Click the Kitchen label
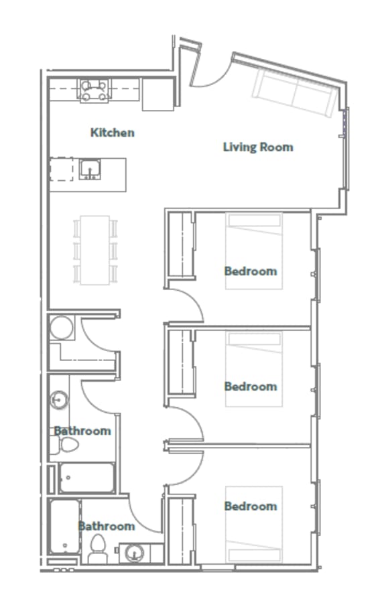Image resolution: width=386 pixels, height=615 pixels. (112, 133)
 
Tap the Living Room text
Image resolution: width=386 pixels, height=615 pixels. (257, 147)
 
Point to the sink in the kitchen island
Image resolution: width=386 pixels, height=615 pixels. (90, 169)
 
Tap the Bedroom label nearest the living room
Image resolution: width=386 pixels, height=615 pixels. (250, 271)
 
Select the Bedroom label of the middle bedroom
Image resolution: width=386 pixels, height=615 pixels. (250, 387)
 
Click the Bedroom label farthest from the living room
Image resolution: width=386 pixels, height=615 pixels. (250, 506)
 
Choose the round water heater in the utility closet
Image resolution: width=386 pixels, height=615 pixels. (62, 328)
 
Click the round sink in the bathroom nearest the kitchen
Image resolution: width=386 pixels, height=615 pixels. (58, 401)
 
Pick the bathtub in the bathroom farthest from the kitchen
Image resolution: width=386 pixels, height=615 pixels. (64, 526)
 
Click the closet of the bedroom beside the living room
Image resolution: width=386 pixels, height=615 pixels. (180, 245)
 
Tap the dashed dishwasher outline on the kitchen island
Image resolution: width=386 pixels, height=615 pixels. (62, 169)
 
